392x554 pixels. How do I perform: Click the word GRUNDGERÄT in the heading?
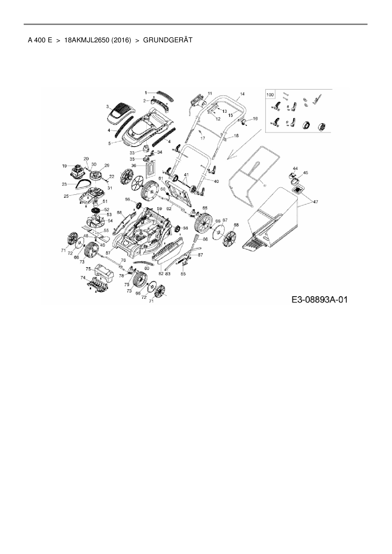(168, 40)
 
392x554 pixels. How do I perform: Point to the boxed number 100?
(270, 94)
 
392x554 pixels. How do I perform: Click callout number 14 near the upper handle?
(242, 94)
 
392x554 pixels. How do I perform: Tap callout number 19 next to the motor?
(64, 166)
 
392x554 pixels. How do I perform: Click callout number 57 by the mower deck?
(108, 253)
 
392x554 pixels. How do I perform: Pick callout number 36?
(134, 166)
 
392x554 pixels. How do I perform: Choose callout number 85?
(183, 274)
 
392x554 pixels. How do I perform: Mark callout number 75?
(89, 269)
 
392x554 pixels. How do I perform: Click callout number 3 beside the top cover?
(107, 106)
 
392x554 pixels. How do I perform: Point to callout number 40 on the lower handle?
(216, 181)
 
